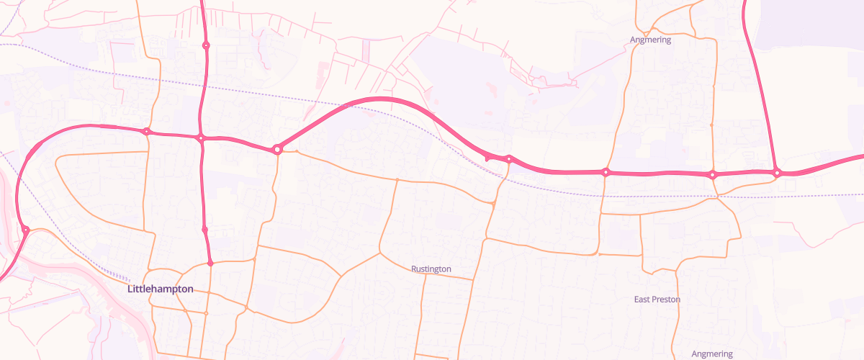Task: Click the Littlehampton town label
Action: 161,289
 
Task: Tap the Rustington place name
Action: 431,269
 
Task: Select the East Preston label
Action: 657,299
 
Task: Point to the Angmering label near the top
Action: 650,40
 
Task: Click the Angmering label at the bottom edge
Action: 711,354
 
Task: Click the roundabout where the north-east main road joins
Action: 777,173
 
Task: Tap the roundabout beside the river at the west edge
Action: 25,230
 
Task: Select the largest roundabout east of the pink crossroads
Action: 277,149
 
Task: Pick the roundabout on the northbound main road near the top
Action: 206,45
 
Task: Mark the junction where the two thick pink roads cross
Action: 202,138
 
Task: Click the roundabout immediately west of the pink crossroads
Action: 147,132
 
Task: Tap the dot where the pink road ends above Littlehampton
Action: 210,264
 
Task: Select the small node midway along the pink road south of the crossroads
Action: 205,230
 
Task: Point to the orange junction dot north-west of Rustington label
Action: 397,179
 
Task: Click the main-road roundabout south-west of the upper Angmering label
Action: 606,172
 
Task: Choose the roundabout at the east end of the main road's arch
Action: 508,159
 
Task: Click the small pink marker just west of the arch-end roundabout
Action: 487,157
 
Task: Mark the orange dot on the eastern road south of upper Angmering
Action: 711,125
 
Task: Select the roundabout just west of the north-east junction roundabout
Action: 712,174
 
